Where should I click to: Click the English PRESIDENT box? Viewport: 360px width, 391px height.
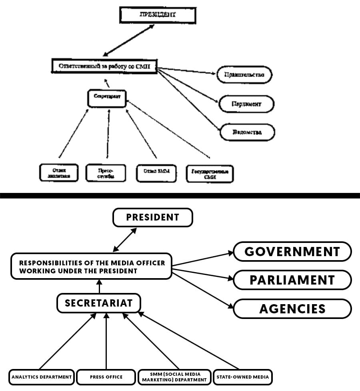[x=153, y=217]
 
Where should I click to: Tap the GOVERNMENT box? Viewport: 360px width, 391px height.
[x=292, y=251]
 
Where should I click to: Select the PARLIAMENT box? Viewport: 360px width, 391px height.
[x=292, y=280]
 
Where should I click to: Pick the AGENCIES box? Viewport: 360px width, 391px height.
[x=292, y=309]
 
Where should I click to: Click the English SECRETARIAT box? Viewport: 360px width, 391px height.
[x=98, y=303]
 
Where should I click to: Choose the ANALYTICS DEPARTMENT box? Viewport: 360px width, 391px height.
[x=42, y=377]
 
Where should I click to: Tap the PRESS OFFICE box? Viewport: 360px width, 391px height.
[x=106, y=377]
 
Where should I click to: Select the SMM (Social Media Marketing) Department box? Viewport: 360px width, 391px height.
[x=174, y=377]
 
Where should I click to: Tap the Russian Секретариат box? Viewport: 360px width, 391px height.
[x=107, y=98]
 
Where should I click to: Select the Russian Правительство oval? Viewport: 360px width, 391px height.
[x=244, y=75]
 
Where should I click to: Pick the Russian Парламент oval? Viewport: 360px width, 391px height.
[x=246, y=104]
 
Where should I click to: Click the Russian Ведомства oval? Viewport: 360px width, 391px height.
[x=247, y=132]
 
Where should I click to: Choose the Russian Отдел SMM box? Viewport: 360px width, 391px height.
[x=157, y=172]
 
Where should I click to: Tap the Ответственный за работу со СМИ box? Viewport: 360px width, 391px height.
[x=104, y=66]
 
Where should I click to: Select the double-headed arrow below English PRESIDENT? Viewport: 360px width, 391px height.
[x=125, y=239]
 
